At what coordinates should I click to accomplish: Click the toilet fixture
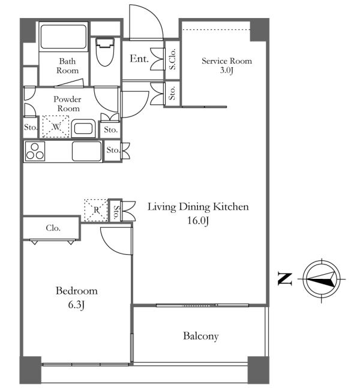[105, 52]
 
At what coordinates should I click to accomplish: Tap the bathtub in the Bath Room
[64, 37]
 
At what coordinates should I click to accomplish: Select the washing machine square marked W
[56, 127]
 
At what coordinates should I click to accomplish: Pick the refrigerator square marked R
[96, 210]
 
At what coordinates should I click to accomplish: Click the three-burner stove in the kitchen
[35, 152]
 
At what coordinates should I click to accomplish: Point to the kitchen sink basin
[86, 151]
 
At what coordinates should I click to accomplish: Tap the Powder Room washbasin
[83, 129]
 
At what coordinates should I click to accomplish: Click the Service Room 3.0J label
[227, 65]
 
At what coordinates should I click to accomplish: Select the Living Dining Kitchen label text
[198, 207]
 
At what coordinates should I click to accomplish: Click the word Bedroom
[77, 291]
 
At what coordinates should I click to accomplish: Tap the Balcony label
[201, 336]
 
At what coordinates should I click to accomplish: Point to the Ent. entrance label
[139, 59]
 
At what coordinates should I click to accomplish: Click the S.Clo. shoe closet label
[172, 59]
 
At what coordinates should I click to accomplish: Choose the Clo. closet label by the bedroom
[53, 228]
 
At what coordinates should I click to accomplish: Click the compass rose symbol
[322, 279]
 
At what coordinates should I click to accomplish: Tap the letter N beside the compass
[285, 279]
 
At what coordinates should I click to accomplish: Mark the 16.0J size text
[198, 220]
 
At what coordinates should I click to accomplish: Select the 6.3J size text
[77, 305]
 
